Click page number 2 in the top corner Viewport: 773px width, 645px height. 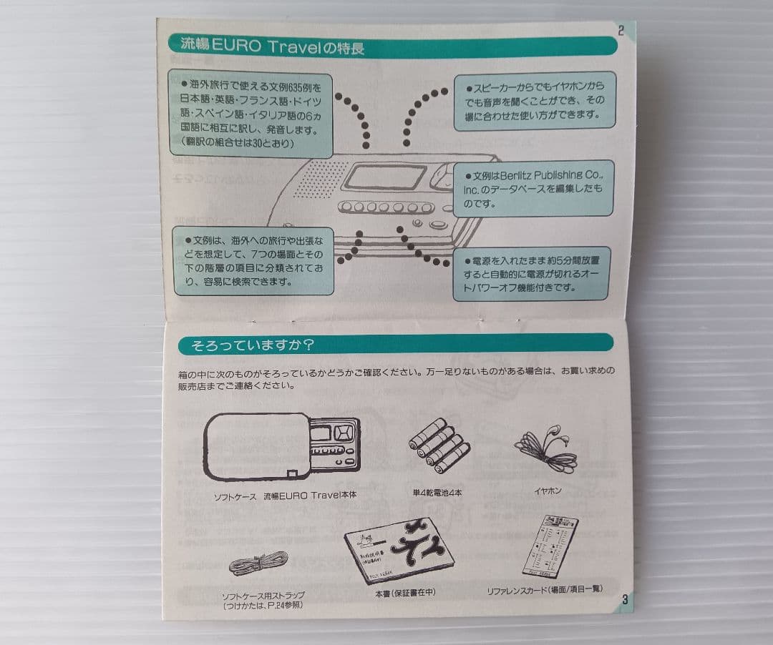click(621, 30)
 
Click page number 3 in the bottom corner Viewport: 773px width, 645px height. click(624, 600)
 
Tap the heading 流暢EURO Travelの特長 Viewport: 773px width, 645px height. click(272, 48)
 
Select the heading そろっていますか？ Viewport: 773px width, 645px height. click(252, 345)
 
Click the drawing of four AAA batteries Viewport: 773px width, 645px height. click(439, 446)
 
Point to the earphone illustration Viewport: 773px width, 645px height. click(545, 448)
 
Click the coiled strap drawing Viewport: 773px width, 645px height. click(258, 564)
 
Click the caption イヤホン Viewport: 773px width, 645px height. click(548, 491)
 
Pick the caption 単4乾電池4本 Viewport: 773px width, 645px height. click(437, 493)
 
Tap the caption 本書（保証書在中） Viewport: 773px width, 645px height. click(405, 593)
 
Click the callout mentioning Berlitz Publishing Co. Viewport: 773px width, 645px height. click(533, 189)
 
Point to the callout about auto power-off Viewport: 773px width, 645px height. click(531, 274)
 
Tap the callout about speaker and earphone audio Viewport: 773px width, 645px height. click(533, 100)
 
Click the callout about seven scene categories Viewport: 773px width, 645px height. click(253, 260)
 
